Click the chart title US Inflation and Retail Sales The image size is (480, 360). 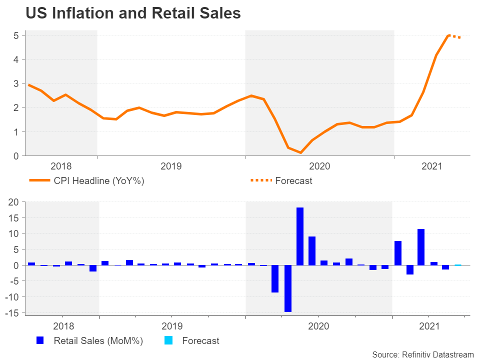(133, 14)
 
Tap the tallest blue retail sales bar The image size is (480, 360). (300, 236)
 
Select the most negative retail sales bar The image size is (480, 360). (288, 288)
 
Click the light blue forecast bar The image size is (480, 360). (458, 265)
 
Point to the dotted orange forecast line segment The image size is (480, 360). (455, 36)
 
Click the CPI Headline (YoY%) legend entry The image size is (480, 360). (99, 181)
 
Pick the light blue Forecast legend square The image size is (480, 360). (168, 341)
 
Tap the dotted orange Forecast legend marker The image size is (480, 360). (260, 181)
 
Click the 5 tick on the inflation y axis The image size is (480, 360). (16, 35)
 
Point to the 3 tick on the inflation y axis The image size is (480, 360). (16, 83)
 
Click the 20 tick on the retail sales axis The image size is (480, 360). (13, 202)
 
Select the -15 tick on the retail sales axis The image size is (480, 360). (12, 313)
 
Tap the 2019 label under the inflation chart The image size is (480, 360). (171, 166)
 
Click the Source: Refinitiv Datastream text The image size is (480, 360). (422, 354)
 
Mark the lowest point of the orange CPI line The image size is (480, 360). (300, 152)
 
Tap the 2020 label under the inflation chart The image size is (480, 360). (320, 166)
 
